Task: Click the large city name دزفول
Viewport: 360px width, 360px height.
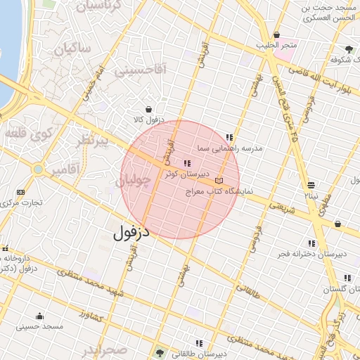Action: pyautogui.click(x=133, y=231)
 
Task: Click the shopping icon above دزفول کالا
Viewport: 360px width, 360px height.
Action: pyautogui.click(x=149, y=110)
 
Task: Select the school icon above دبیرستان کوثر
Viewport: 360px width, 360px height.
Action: pyautogui.click(x=186, y=163)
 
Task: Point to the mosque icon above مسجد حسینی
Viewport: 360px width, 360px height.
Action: pyautogui.click(x=39, y=316)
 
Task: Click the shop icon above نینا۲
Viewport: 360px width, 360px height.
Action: pyautogui.click(x=311, y=185)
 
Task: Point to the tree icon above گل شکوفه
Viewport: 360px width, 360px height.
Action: pyautogui.click(x=349, y=50)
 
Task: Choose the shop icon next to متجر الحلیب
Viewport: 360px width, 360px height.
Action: pyautogui.click(x=277, y=35)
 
